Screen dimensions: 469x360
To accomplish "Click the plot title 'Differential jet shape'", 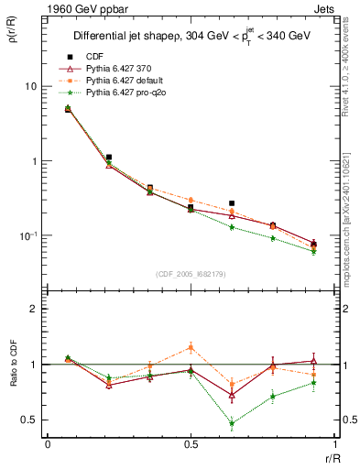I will [x=133, y=37].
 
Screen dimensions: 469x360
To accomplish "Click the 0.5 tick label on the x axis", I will [x=190, y=443].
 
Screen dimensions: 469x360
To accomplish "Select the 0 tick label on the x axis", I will [x=47, y=443].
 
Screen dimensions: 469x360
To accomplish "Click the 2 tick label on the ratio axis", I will [x=32, y=309].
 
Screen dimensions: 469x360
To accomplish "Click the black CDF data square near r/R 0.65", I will [x=232, y=203].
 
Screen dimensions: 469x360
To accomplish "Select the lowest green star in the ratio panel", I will [x=232, y=423].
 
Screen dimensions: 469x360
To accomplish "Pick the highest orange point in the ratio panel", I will [x=191, y=347].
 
